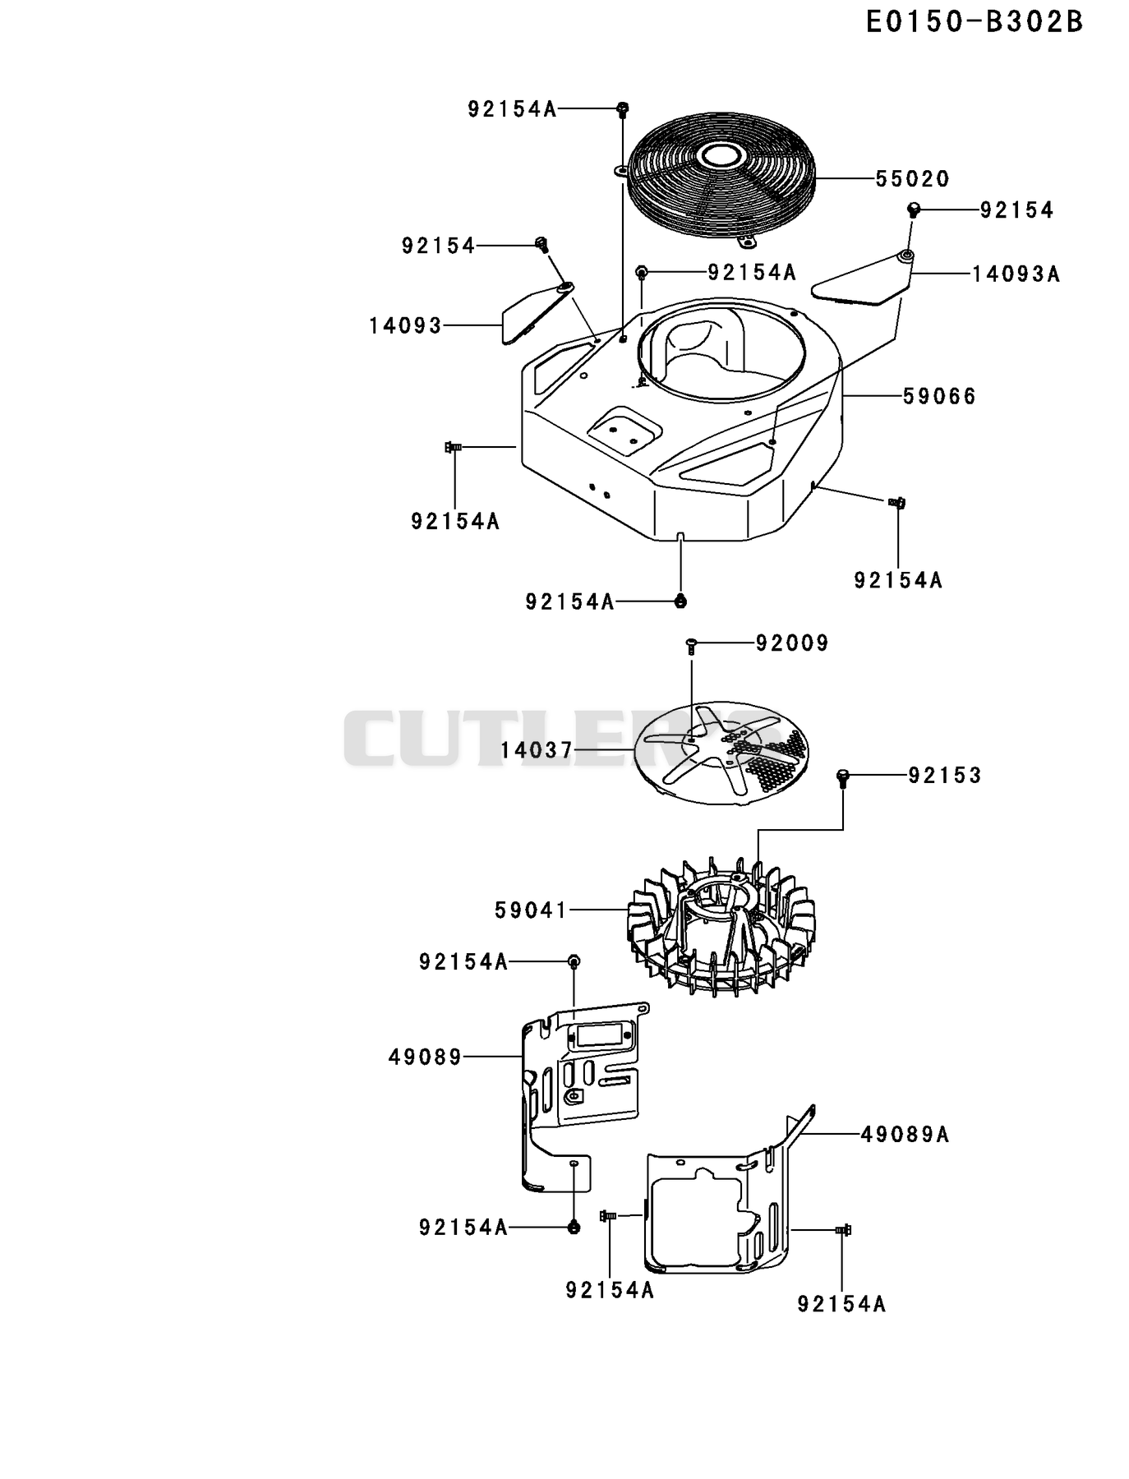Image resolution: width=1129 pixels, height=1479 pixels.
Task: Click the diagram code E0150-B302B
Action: pyautogui.click(x=975, y=22)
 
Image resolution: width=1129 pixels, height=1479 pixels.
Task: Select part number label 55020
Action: pyautogui.click(x=912, y=179)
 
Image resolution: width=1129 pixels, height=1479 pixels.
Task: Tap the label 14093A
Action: pyautogui.click(x=1016, y=274)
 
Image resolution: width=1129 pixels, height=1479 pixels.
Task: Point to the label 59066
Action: pyautogui.click(x=939, y=397)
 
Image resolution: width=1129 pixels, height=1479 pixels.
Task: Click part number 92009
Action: pyautogui.click(x=792, y=643)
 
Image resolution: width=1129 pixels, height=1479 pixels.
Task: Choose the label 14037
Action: pyautogui.click(x=537, y=750)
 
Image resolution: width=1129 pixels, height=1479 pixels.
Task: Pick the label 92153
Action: pyautogui.click(x=944, y=776)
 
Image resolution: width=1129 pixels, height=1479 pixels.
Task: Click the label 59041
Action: pyautogui.click(x=531, y=910)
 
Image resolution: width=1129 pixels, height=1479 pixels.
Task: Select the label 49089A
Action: pyautogui.click(x=905, y=1135)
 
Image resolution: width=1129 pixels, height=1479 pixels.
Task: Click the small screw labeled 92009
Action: pyautogui.click(x=691, y=647)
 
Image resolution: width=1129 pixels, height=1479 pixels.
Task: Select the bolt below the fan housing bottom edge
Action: pyautogui.click(x=680, y=601)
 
